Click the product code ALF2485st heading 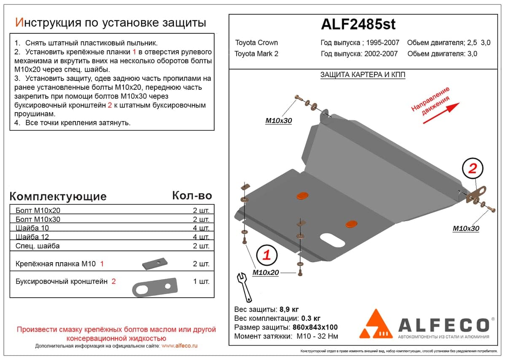click(x=358, y=24)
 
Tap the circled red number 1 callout click(x=267, y=255)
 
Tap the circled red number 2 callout click(x=473, y=168)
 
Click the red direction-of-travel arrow click(x=441, y=113)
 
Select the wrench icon click(x=244, y=287)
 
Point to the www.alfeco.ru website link click(x=179, y=346)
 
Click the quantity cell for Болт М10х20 click(x=201, y=210)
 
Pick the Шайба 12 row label click(x=32, y=236)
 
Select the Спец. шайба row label click(x=38, y=246)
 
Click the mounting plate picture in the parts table click(x=155, y=263)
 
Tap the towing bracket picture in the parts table click(x=155, y=287)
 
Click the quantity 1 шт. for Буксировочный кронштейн click(x=201, y=282)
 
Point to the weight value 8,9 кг click(x=289, y=309)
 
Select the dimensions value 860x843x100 click(x=315, y=327)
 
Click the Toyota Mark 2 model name click(x=256, y=54)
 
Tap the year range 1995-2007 click(x=382, y=43)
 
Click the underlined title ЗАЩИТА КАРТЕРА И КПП click(x=363, y=75)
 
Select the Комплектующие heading click(x=58, y=196)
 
